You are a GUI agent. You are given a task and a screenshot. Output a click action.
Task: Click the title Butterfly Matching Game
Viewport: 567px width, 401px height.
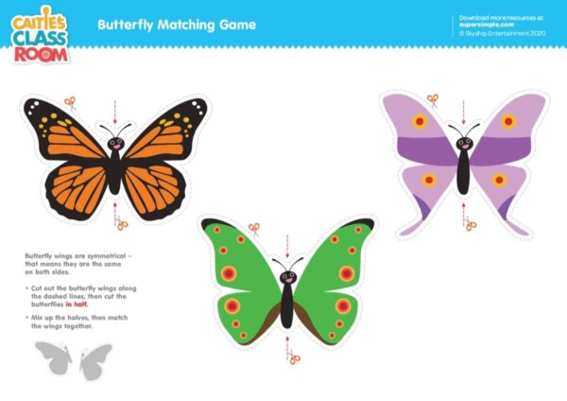pos(177,25)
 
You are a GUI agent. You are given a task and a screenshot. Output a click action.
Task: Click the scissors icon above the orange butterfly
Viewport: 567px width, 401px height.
pos(69,102)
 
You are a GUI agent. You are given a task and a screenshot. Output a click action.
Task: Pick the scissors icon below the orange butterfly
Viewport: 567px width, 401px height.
pos(121,224)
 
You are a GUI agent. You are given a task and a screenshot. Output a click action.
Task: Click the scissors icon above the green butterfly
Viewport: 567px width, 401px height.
pos(253,228)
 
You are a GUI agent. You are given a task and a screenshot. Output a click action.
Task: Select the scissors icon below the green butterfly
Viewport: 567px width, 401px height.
pos(294,357)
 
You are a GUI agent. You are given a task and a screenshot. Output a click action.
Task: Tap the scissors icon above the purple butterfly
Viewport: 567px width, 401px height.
pos(432,98)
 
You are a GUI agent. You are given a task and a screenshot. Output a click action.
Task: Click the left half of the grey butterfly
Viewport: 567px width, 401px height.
pos(52,358)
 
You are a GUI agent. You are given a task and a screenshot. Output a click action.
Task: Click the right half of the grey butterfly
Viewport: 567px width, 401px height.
pos(95,360)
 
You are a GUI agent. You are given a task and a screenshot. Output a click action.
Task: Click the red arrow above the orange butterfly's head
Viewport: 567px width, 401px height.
pos(115,110)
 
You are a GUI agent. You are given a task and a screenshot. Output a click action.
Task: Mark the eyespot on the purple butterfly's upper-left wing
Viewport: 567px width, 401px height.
pos(420,121)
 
